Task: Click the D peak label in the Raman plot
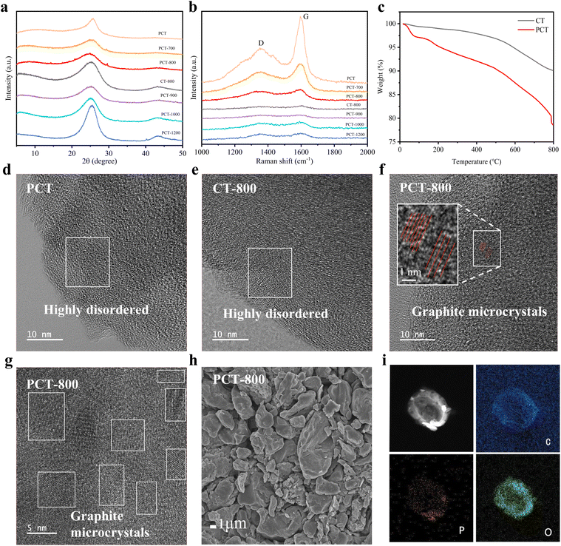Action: pyautogui.click(x=261, y=43)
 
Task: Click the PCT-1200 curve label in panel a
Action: pyautogui.click(x=170, y=135)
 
